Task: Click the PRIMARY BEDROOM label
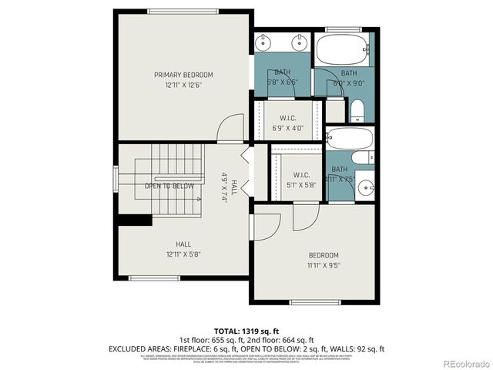pyautogui.click(x=183, y=75)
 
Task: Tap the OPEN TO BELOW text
pyautogui.click(x=169, y=186)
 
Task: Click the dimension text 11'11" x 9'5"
pyautogui.click(x=324, y=265)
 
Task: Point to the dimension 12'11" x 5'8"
pyautogui.click(x=183, y=254)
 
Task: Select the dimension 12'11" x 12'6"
pyautogui.click(x=183, y=86)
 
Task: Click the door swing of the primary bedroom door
pyautogui.click(x=228, y=128)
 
